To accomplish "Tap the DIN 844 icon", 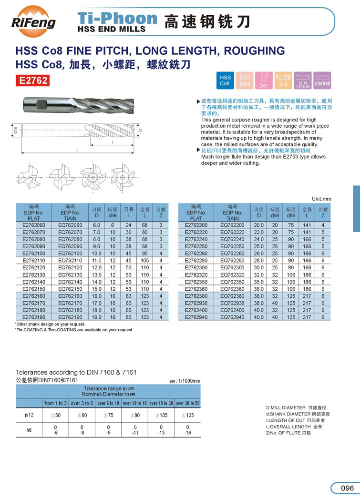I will click(x=245, y=80).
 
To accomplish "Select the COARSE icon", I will click(x=322, y=80).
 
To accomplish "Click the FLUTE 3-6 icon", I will click(x=283, y=80).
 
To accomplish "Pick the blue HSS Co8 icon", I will click(x=225, y=80).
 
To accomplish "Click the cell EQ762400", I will click(x=232, y=310).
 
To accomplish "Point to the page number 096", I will click(x=347, y=488).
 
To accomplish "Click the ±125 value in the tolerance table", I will click(x=187, y=416).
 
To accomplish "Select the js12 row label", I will click(x=29, y=416).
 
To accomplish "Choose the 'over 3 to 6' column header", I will click(x=82, y=403).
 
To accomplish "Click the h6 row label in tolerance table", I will click(x=29, y=430).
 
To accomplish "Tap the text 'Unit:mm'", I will click(x=321, y=198).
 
